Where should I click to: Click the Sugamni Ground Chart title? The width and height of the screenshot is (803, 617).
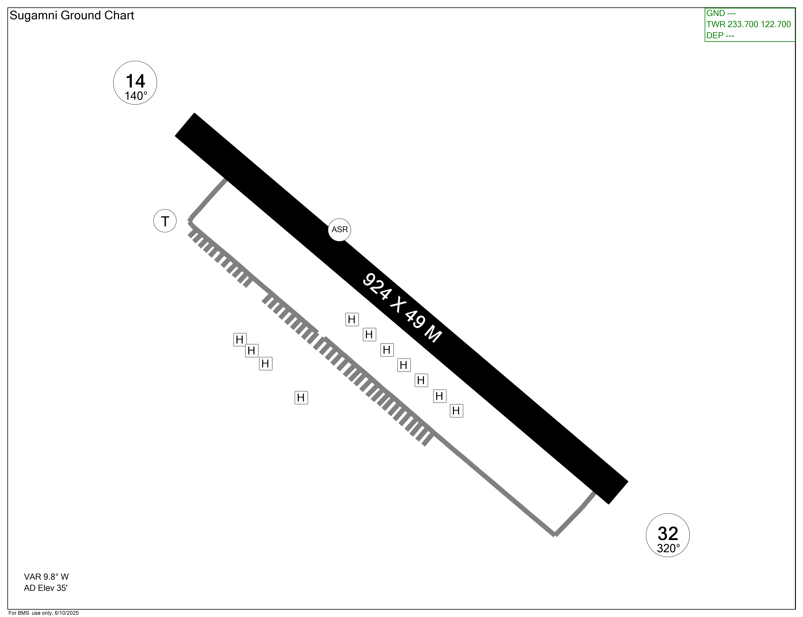pyautogui.click(x=72, y=15)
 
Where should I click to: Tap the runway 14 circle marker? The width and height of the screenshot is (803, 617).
pyautogui.click(x=135, y=83)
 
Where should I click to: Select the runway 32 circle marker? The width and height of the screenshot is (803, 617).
pyautogui.click(x=667, y=535)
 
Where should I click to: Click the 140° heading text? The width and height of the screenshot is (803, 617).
pyautogui.click(x=136, y=96)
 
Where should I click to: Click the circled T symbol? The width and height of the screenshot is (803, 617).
pyautogui.click(x=165, y=221)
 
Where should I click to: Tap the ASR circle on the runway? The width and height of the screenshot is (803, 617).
pyautogui.click(x=339, y=230)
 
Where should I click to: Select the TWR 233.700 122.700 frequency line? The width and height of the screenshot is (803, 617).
pyautogui.click(x=748, y=24)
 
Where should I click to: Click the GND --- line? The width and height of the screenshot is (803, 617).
pyautogui.click(x=721, y=13)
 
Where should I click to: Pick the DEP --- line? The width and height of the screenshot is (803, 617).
pyautogui.click(x=720, y=36)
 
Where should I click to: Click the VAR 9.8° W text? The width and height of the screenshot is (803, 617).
pyautogui.click(x=46, y=577)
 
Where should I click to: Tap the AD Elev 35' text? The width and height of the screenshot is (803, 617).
pyautogui.click(x=46, y=588)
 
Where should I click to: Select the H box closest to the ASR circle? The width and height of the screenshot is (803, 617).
pyautogui.click(x=352, y=319)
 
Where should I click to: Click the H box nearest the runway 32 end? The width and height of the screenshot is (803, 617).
pyautogui.click(x=456, y=411)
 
